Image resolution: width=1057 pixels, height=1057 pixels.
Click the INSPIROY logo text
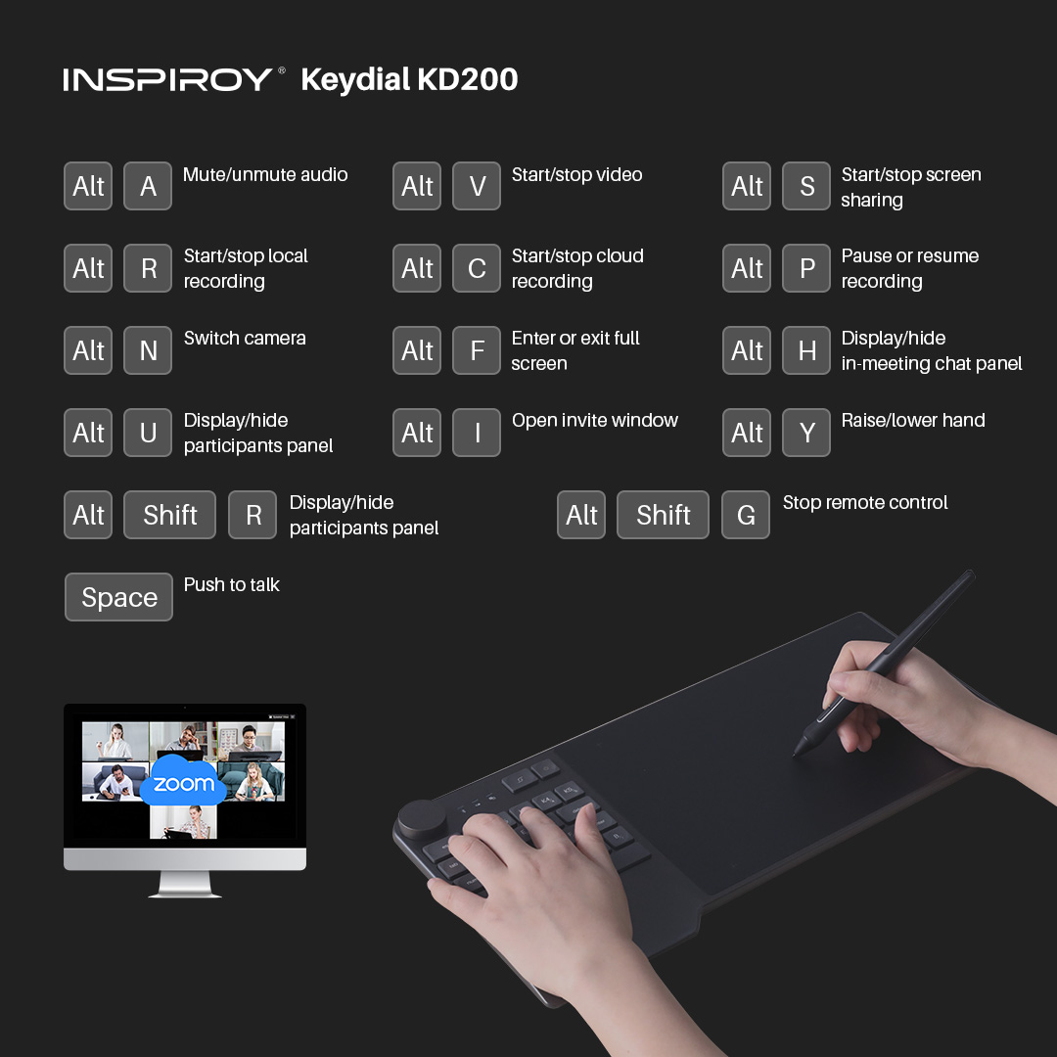point(168,79)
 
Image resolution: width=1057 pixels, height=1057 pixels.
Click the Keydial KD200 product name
point(409,79)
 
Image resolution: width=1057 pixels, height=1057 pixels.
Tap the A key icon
point(148,186)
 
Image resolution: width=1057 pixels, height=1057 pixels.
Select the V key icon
point(477,186)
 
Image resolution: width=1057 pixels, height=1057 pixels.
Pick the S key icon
point(806,186)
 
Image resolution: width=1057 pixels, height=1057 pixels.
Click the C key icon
point(477,268)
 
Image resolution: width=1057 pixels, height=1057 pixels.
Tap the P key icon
point(806,268)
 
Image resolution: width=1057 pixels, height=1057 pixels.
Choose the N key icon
point(148,350)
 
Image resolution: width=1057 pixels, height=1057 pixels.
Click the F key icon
point(477,350)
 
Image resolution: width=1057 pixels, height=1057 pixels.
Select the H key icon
point(806,350)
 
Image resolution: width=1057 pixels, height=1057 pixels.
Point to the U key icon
point(148,433)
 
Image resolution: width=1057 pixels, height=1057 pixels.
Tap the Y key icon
point(806,433)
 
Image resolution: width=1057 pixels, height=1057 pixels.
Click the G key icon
point(746,515)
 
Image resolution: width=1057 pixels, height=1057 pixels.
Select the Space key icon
point(118,597)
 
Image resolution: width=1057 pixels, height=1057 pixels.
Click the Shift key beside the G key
point(663,515)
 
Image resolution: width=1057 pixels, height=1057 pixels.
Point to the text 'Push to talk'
point(231,584)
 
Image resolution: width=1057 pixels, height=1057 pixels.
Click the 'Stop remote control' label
point(865,502)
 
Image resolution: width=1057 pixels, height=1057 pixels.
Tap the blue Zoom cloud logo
point(183,781)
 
